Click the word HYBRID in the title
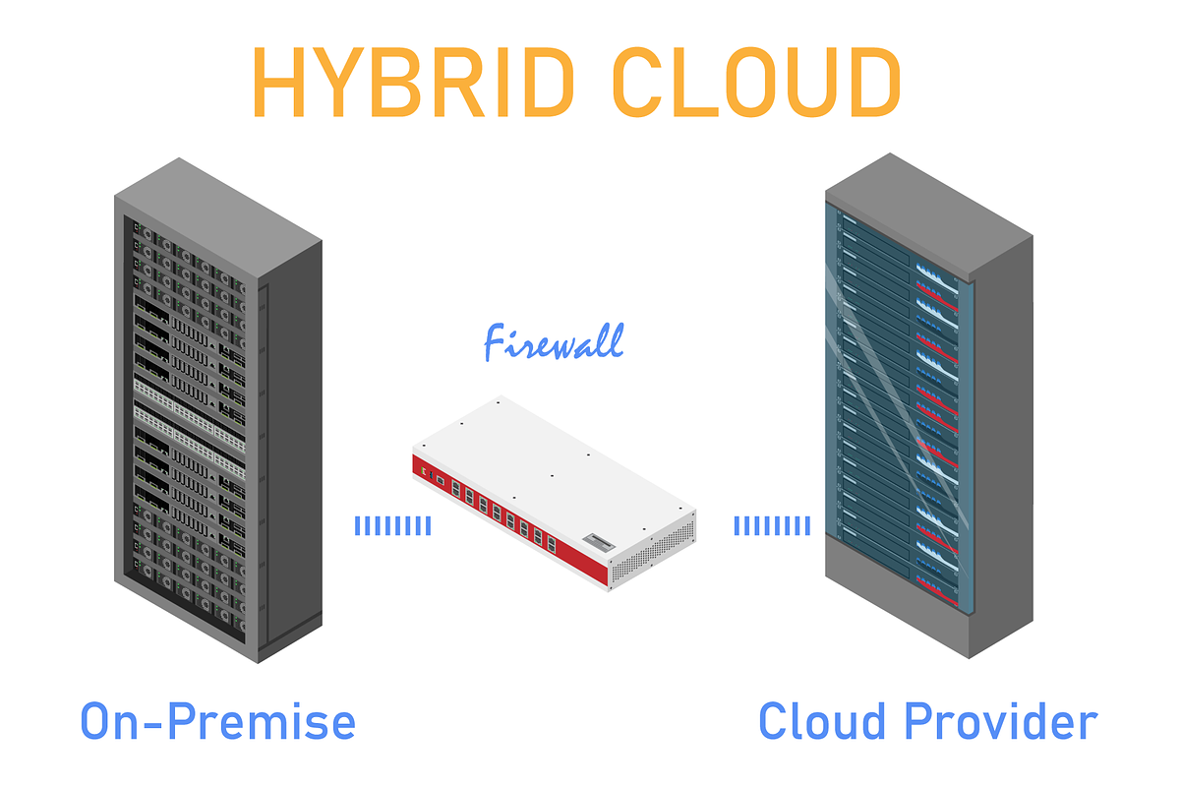[414, 82]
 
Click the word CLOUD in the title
[756, 82]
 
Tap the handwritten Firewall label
[554, 342]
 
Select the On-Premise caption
[217, 721]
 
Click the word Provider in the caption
[1001, 721]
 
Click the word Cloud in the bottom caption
[822, 721]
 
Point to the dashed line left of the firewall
[393, 525]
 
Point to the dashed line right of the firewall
[772, 525]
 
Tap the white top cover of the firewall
[553, 464]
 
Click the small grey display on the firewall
[599, 541]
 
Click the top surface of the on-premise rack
[218, 217]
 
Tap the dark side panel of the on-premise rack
[291, 448]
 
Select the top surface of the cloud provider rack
[928, 215]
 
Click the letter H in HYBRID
[278, 82]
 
